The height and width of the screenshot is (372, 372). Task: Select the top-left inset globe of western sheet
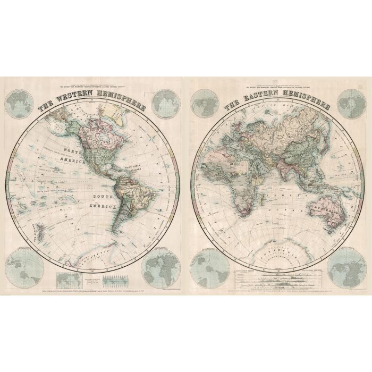(x=20, y=104)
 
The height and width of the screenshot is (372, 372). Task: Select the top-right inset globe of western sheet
(x=165, y=104)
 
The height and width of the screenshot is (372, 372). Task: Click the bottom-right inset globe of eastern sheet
(x=346, y=269)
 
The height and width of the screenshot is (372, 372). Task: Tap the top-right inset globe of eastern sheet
(x=351, y=104)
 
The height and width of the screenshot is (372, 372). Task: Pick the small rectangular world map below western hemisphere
(x=67, y=280)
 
